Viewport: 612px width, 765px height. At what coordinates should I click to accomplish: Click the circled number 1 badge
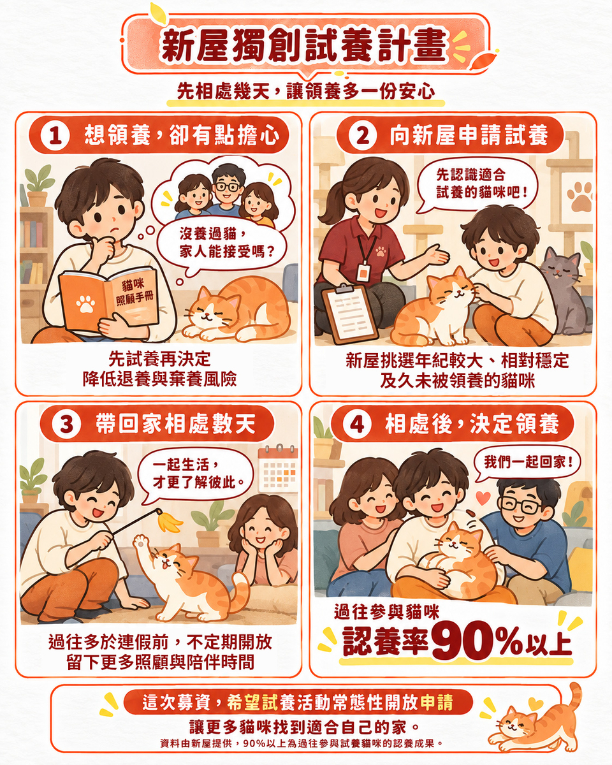[55, 135]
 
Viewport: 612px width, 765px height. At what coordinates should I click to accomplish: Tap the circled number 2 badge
[362, 135]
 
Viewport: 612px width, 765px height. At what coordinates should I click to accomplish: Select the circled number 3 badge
[66, 424]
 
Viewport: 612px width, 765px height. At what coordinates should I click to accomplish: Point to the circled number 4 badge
[358, 424]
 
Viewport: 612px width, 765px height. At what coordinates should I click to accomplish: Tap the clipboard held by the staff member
[349, 314]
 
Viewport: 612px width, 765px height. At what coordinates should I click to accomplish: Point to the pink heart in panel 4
[483, 498]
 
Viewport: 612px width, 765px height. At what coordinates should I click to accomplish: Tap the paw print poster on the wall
[577, 196]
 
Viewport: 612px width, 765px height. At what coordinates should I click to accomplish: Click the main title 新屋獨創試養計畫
[303, 45]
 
